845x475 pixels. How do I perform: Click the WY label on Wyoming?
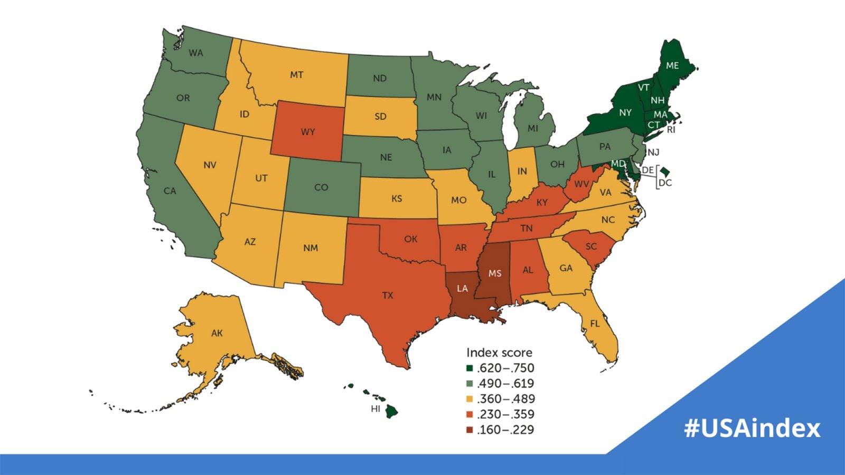pos(307,132)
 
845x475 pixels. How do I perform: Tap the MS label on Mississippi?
pos(495,273)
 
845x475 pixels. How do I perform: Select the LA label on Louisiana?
pos(462,288)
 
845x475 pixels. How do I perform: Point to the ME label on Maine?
pos(672,66)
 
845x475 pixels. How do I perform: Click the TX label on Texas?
pos(388,296)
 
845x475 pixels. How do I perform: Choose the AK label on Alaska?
pos(217,333)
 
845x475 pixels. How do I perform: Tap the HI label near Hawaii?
pos(375,409)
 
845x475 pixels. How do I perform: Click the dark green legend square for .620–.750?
pos(470,368)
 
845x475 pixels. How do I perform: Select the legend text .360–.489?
pos(505,399)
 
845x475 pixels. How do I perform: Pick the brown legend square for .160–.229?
pos(470,430)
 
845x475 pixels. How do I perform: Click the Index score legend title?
pos(499,353)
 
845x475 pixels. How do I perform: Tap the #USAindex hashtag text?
pos(752,427)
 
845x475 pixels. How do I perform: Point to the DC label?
pos(665,183)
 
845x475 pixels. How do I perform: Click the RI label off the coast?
pos(671,130)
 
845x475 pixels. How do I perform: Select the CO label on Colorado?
pos(321,187)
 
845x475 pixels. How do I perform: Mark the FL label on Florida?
pos(595,324)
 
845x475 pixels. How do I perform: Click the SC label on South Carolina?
pos(591,246)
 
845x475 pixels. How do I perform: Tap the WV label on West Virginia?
pos(581,184)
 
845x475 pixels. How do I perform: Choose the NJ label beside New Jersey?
pos(653,153)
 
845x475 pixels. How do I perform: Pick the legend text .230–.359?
pos(505,414)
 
